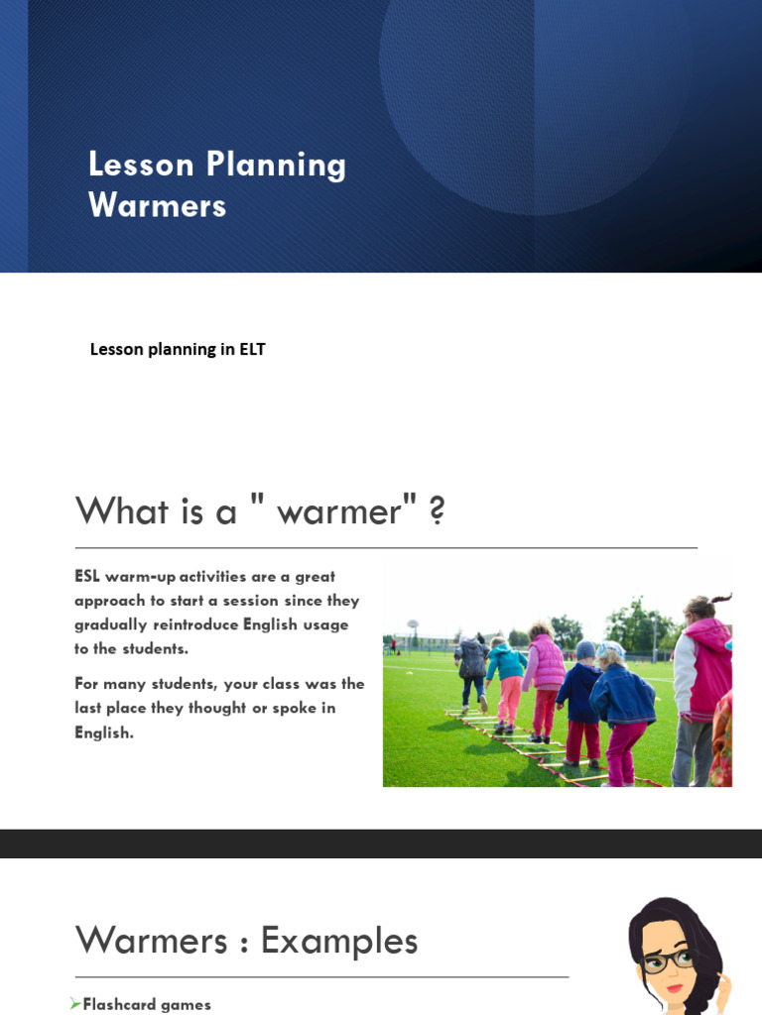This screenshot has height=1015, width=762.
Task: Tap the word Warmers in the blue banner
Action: pyautogui.click(x=157, y=205)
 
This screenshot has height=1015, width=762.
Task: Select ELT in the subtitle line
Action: pyautogui.click(x=252, y=349)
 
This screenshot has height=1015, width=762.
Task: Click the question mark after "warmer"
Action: pyautogui.click(x=437, y=511)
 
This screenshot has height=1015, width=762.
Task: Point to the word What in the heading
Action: pyautogui.click(x=121, y=511)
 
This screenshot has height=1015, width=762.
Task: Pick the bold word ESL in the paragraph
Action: pyautogui.click(x=87, y=577)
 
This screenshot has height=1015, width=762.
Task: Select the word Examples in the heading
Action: pyautogui.click(x=339, y=941)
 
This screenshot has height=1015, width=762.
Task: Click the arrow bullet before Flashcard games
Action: pyautogui.click(x=75, y=1004)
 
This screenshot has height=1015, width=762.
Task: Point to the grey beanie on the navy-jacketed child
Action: pyautogui.click(x=585, y=649)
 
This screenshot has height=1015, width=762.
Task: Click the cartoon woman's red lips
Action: pyautogui.click(x=675, y=987)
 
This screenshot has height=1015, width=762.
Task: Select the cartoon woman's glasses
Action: pyautogui.click(x=661, y=959)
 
